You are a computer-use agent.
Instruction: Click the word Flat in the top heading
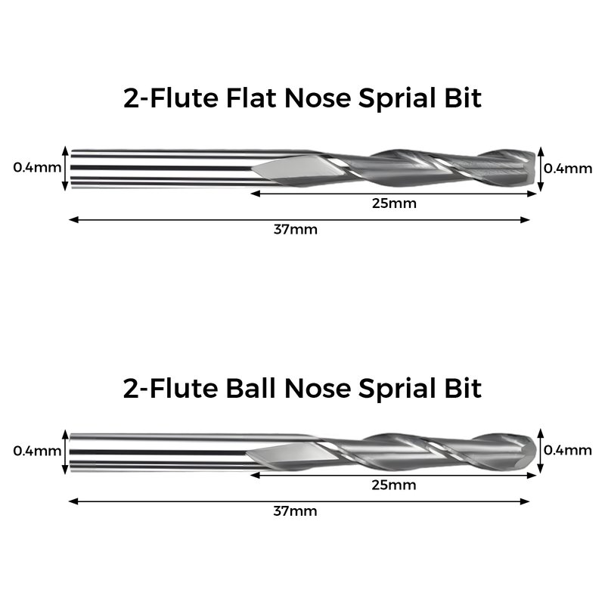[252, 98]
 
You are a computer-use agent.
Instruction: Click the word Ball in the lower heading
[251, 388]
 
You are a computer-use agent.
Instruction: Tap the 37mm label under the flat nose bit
[296, 230]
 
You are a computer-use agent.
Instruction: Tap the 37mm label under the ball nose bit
[295, 511]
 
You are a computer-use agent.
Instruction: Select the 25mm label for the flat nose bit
[394, 203]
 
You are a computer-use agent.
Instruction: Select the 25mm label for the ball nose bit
[394, 485]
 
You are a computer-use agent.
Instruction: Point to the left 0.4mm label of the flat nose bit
[37, 167]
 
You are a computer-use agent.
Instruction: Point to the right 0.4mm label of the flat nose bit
[568, 169]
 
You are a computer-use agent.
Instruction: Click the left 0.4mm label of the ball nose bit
[37, 451]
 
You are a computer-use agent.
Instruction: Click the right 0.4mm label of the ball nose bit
[568, 450]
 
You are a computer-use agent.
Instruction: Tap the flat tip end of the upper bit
[534, 168]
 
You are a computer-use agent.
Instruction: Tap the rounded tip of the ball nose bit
[535, 450]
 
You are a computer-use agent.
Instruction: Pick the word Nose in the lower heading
[318, 389]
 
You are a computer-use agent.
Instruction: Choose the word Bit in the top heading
[463, 98]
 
